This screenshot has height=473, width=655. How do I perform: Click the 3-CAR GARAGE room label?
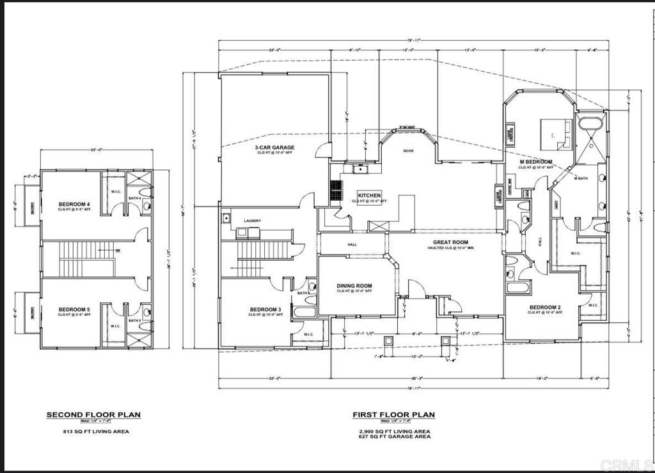(x=274, y=147)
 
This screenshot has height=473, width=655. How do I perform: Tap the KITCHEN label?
(x=369, y=195)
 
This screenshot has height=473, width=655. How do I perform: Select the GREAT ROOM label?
(x=452, y=242)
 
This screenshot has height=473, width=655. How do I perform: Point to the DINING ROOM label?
(x=354, y=286)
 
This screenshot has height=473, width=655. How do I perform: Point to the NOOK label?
(x=408, y=151)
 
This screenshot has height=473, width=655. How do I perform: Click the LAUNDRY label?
(x=252, y=221)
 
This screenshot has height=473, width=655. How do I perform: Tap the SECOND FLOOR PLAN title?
(x=93, y=415)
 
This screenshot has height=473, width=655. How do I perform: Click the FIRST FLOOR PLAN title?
(x=393, y=415)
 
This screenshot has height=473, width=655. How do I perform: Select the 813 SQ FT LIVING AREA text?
(x=93, y=431)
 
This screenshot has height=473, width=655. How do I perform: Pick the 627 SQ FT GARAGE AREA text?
(x=394, y=437)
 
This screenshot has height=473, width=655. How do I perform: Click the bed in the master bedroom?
(x=554, y=132)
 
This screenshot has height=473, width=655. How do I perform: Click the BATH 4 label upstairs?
(x=134, y=198)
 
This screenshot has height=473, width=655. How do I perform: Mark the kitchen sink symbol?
(x=361, y=169)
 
